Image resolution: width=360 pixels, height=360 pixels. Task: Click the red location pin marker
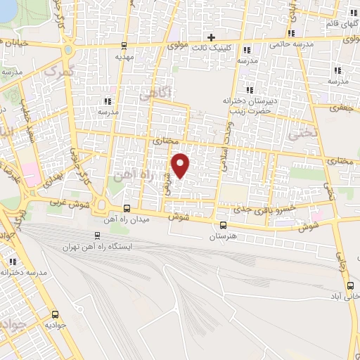(181, 165)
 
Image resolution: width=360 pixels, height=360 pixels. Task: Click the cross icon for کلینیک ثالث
(210, 37)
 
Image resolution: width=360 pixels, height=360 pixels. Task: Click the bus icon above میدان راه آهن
(127, 208)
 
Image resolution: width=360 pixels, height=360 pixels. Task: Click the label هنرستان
(223, 237)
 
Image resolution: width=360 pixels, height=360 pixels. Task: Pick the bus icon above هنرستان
(223, 226)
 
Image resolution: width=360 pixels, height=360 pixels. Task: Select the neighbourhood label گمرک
(59, 71)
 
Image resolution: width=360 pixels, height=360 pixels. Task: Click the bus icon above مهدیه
(124, 44)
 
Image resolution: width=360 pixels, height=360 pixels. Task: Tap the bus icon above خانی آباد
(351, 285)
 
